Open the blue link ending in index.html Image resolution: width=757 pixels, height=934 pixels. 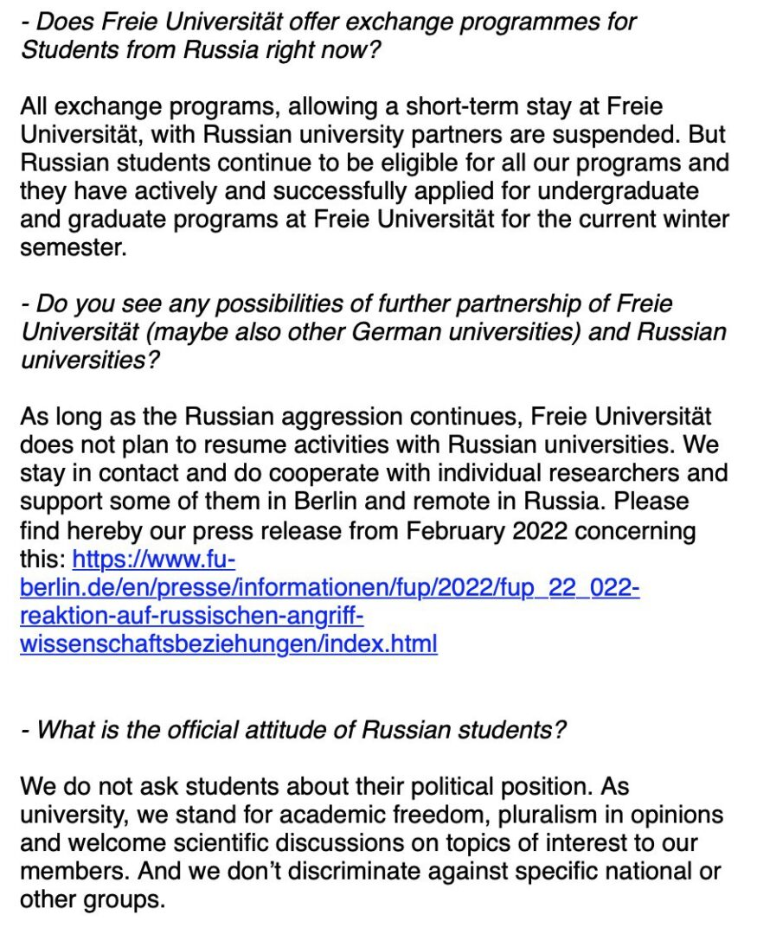tap(228, 644)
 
